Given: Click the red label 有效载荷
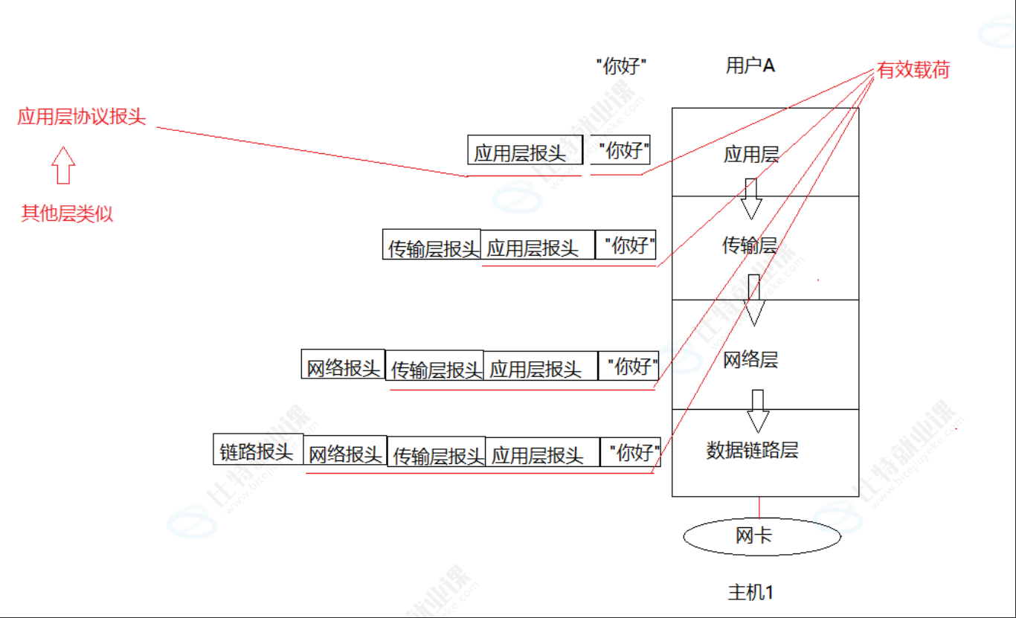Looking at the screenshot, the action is point(913,71).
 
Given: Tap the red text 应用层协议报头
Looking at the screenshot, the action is point(82,118).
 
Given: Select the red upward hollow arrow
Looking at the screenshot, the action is point(64,165).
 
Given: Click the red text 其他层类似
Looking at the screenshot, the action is point(67,214).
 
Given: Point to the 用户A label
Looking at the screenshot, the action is point(750,65).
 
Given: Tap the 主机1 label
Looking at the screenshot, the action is point(750,593).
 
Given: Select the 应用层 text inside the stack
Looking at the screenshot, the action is point(751,155).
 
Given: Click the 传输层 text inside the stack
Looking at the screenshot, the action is point(750,245).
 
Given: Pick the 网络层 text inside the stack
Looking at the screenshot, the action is point(750,361).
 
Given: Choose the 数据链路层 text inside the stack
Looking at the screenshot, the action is point(752,450).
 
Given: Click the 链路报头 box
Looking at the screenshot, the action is point(257,451).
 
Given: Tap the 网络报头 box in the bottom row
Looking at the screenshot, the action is point(345,453).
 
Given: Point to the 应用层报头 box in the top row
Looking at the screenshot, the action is point(521,152).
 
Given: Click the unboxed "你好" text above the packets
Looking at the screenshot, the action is point(621,66).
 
